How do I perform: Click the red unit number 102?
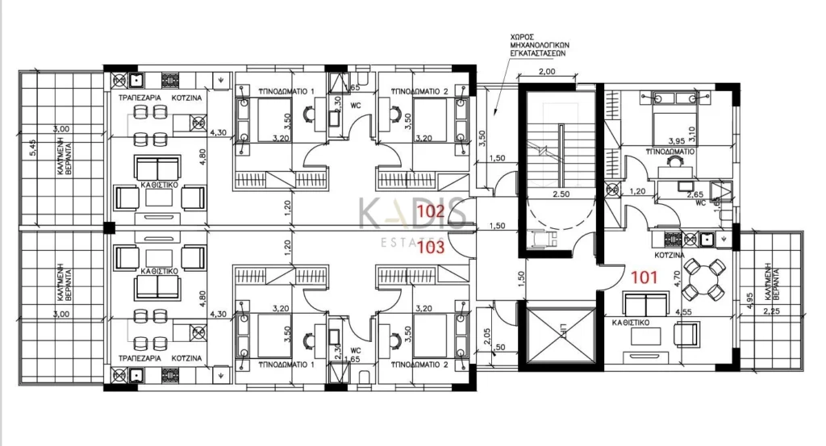[x=430, y=213]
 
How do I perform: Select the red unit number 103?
[x=430, y=248]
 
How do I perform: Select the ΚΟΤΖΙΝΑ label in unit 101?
[x=670, y=252]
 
